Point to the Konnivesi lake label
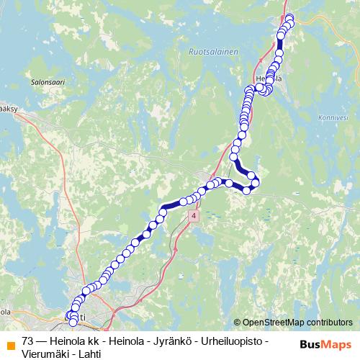click(332, 118)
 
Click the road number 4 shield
click(194, 216)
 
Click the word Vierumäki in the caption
click(45, 354)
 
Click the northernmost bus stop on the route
click(290, 18)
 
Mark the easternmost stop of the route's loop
click(256, 182)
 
